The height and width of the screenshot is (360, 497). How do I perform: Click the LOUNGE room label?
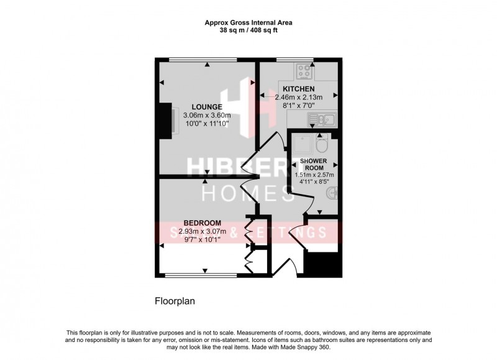206,106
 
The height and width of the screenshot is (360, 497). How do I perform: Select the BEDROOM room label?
203,223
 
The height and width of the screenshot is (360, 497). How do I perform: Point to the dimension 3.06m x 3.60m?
206,115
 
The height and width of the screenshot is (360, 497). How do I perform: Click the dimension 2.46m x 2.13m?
296,98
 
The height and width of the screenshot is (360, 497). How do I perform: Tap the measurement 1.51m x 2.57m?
314,175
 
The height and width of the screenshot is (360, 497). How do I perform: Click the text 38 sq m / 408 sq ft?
248,30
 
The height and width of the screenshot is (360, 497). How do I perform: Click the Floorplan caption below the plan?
176,302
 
